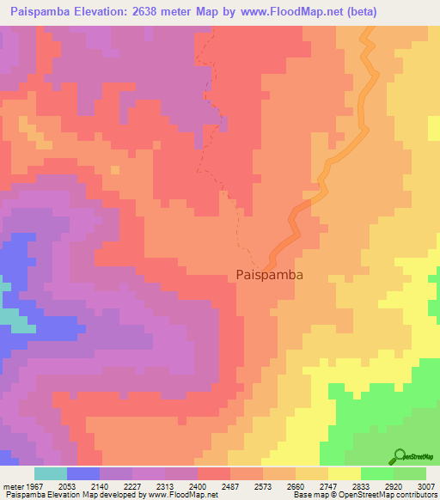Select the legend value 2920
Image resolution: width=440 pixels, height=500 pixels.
click(394, 485)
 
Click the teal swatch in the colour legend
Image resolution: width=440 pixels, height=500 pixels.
click(51, 473)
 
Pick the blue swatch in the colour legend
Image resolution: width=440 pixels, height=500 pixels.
click(83, 473)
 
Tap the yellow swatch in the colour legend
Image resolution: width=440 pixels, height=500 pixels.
click(345, 473)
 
